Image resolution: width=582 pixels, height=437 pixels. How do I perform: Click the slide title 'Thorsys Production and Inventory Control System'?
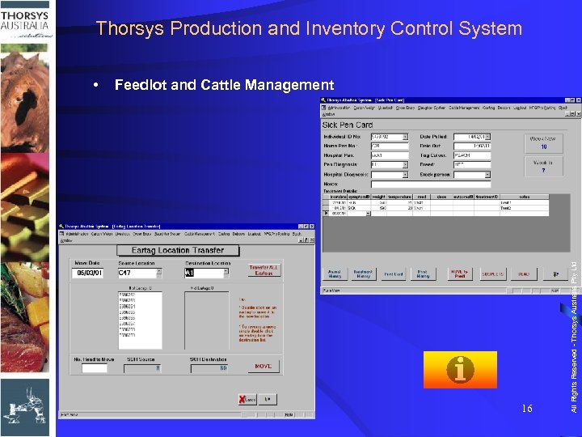[309, 29]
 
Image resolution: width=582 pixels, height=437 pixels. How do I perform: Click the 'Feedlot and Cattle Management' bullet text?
[224, 85]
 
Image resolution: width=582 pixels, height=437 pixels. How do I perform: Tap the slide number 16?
[526, 409]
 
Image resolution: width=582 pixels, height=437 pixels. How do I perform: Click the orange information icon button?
[460, 370]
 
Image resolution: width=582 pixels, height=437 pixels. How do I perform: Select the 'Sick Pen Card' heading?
[348, 125]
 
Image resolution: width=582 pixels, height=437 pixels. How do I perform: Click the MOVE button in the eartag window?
[263, 367]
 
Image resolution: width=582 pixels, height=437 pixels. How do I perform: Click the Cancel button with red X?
[246, 399]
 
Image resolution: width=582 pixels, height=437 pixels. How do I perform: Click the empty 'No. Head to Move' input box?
[94, 368]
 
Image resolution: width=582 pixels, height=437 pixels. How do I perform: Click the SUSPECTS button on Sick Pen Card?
[491, 274]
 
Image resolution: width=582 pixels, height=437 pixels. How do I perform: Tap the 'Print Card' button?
[394, 274]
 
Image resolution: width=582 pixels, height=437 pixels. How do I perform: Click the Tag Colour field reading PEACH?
[471, 155]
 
